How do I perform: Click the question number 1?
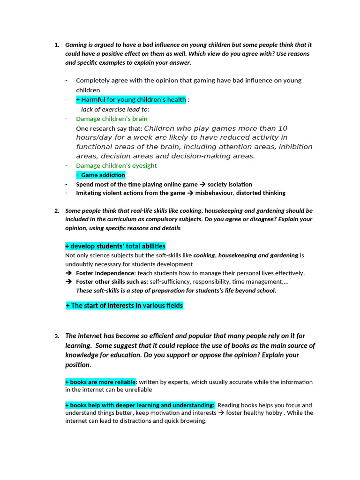tap(56, 45)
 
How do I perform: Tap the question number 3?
tap(56, 336)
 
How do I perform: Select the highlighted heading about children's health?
tap(131, 100)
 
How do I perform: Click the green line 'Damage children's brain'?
tap(112, 119)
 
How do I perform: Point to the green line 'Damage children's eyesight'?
tap(116, 165)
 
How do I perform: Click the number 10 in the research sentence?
tap(283, 128)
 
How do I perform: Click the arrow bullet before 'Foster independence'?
tap(69, 273)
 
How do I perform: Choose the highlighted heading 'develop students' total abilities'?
tap(115, 246)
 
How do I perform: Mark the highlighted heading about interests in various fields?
tap(124, 306)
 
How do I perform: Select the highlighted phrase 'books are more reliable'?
tap(100, 382)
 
